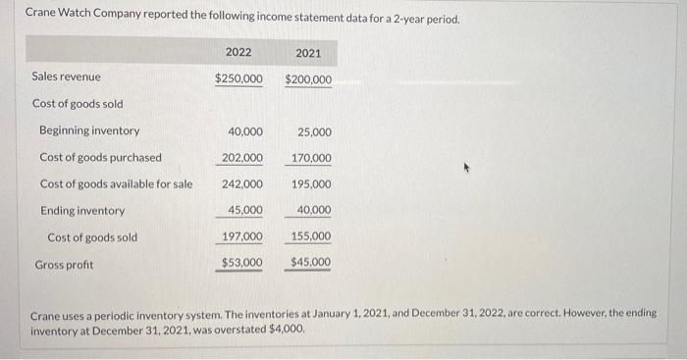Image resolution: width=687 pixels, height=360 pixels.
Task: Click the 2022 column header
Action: (x=238, y=51)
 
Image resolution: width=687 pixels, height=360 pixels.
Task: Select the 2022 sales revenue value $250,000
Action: (x=238, y=78)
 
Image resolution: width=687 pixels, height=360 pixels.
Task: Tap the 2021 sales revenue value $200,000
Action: (x=309, y=78)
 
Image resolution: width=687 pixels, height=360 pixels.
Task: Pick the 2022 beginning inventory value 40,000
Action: (x=244, y=131)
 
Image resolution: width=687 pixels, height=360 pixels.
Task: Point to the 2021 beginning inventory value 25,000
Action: (x=314, y=131)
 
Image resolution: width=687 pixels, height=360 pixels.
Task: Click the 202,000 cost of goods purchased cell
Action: (x=241, y=158)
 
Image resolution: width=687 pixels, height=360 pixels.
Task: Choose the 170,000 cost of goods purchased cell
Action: (x=311, y=158)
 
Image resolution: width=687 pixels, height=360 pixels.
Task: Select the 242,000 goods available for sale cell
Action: (x=241, y=184)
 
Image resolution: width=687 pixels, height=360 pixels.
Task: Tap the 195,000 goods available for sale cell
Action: (x=311, y=184)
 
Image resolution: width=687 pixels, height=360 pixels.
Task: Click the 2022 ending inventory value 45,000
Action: (x=244, y=211)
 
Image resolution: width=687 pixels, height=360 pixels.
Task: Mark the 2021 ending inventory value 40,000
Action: (x=314, y=211)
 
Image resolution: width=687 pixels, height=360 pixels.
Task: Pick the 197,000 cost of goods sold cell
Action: (x=241, y=237)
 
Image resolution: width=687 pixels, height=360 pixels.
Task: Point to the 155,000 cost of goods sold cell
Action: (x=311, y=237)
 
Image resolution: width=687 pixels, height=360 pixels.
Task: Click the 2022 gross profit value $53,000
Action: (x=241, y=263)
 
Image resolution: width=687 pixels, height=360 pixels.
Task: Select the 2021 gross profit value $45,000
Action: (x=311, y=263)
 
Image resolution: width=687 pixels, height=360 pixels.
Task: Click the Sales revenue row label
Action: (x=66, y=77)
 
